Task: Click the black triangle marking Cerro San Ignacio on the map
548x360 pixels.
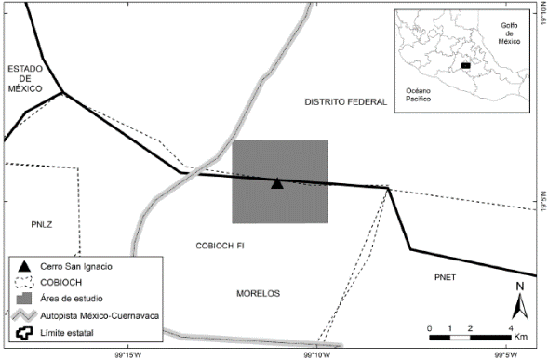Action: coord(276,183)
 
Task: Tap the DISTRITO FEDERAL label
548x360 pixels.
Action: coord(344,101)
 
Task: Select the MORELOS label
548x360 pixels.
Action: coord(258,293)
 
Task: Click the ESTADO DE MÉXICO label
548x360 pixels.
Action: coord(25,78)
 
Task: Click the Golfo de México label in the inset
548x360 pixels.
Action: coord(508,34)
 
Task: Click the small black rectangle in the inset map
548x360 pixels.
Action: coord(465,66)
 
